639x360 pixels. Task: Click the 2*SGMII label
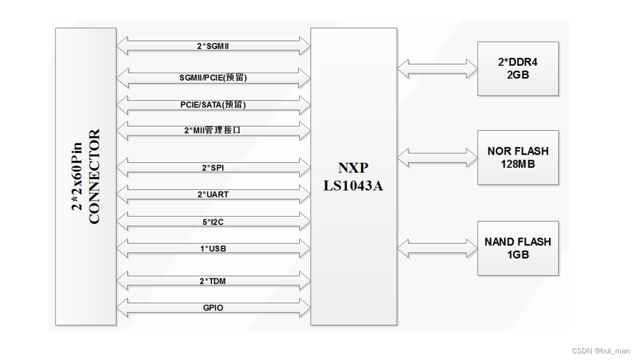213,45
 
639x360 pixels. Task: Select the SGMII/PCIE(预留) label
213,77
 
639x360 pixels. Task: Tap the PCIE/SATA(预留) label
213,104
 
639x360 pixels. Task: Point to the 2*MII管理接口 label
213,130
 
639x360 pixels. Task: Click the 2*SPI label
213,168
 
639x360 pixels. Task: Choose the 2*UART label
213,194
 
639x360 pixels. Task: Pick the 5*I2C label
213,221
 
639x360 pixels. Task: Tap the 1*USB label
213,248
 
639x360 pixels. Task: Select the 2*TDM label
213,281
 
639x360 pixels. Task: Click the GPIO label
213,308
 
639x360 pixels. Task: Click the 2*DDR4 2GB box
518,69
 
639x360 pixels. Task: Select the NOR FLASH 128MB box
518,158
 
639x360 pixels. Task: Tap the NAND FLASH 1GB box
518,248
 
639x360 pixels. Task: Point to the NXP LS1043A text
353,177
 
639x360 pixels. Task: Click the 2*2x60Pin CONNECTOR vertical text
86,177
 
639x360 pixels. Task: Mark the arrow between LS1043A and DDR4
437,68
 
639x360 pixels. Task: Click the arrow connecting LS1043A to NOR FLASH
437,158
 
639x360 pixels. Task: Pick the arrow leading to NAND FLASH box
437,248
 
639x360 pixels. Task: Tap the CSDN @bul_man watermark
600,351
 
